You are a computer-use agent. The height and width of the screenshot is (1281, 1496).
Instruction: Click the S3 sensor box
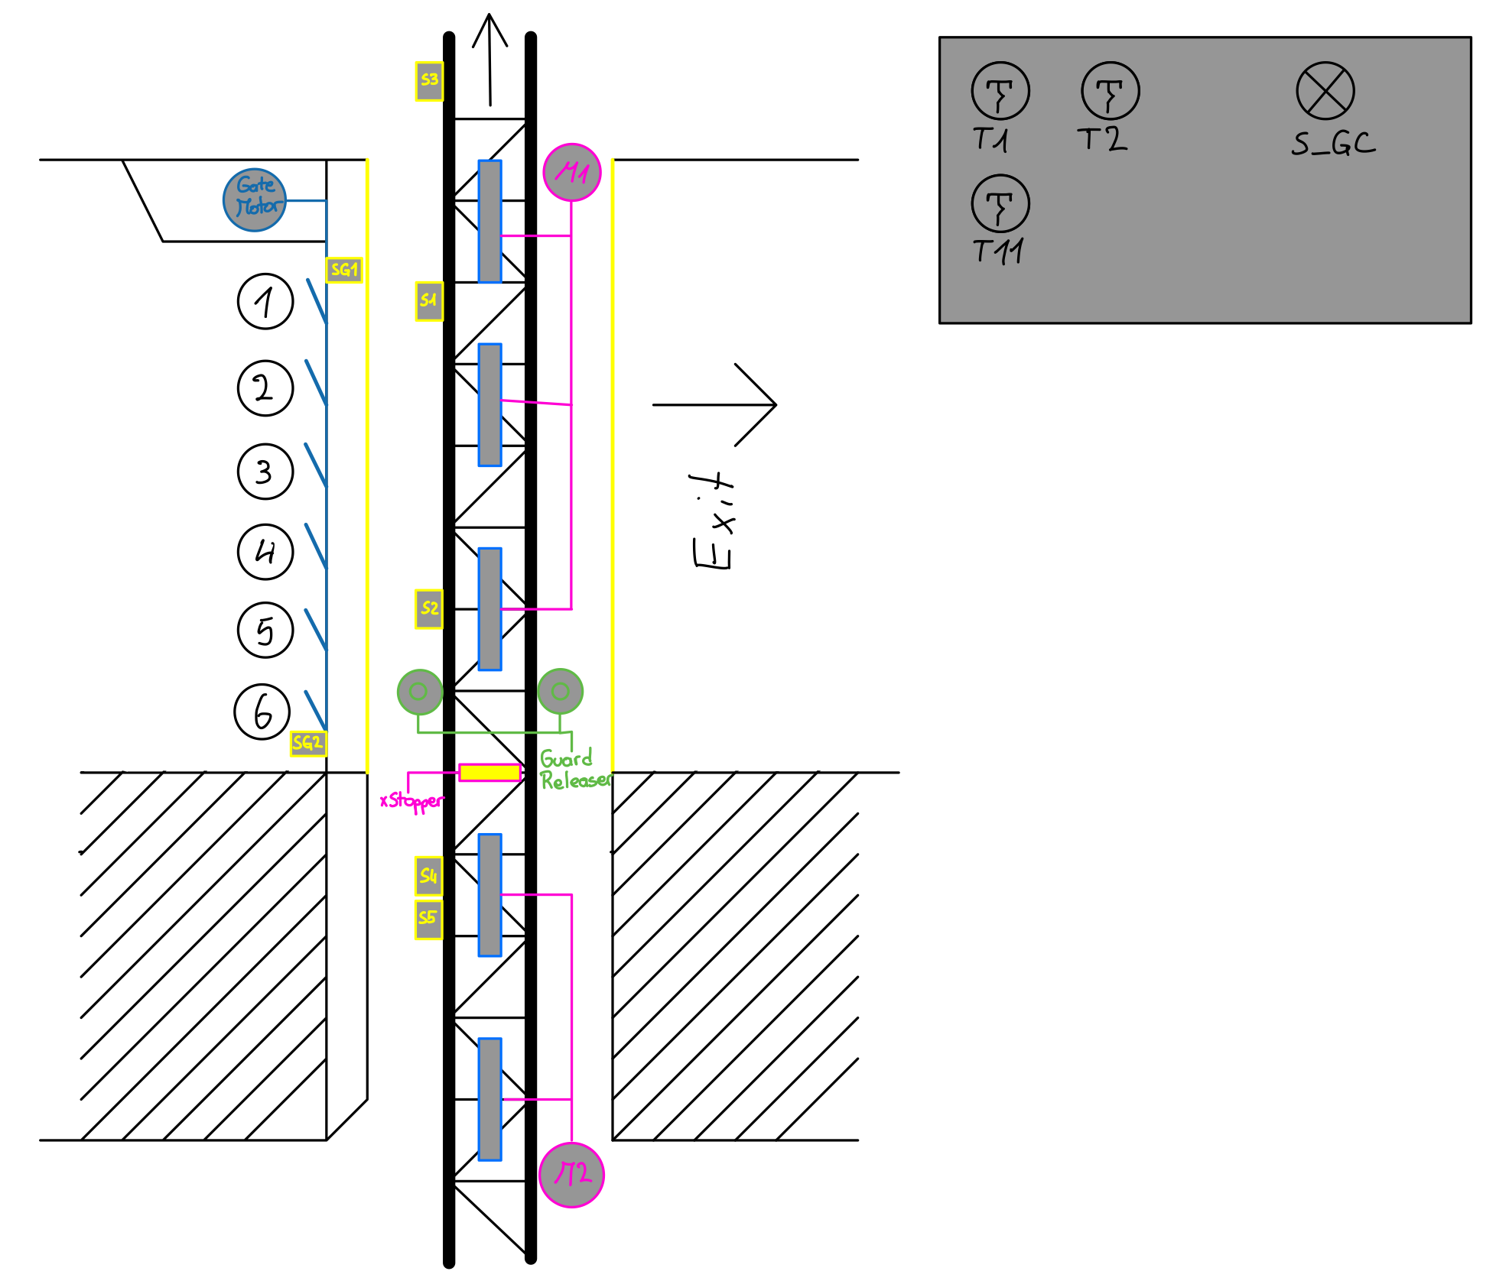pos(429,81)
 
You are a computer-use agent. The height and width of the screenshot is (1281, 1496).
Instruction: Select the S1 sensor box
pos(429,301)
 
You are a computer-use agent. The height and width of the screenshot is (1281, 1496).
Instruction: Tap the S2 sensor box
pos(429,609)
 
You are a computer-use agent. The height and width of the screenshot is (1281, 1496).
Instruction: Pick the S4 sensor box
pos(429,876)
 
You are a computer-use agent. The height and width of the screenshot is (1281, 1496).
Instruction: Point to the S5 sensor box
pos(429,919)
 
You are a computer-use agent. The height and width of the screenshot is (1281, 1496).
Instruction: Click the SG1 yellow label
pos(343,270)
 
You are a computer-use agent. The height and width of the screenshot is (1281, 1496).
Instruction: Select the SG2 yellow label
pos(308,744)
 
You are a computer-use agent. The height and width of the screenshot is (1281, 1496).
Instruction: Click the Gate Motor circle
pos(255,200)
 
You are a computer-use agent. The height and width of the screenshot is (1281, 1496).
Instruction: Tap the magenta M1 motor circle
pos(572,173)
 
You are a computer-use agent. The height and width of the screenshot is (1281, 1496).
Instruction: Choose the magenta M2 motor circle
pos(572,1175)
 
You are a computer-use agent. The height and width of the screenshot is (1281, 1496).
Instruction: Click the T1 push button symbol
pos(1000,91)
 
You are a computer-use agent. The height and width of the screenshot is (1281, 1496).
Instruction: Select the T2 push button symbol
pos(1111,91)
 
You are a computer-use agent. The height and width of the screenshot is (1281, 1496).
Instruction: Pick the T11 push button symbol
pos(1000,204)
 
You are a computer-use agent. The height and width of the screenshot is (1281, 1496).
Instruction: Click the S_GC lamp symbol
pos(1325,91)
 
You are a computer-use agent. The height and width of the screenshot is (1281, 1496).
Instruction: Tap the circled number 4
pos(265,552)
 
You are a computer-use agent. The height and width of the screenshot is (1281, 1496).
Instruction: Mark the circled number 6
pos(262,712)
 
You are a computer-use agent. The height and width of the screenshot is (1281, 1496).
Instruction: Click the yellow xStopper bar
pos(489,773)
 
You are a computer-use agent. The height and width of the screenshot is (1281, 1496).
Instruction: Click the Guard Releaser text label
pos(574,770)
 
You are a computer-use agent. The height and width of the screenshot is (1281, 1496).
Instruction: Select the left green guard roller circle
pos(419,692)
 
